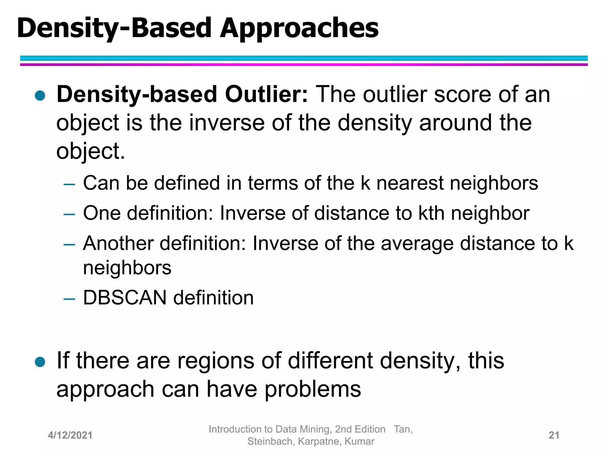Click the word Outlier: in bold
pos(266,94)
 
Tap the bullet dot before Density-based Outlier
pos(40,96)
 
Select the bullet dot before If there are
pos(40,362)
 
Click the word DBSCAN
pos(125,298)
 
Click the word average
pos(417,243)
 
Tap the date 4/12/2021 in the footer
pos(70,435)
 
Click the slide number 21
pos(554,435)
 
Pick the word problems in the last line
pos(313,389)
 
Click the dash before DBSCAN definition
pos(69,298)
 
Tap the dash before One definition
pos(69,214)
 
